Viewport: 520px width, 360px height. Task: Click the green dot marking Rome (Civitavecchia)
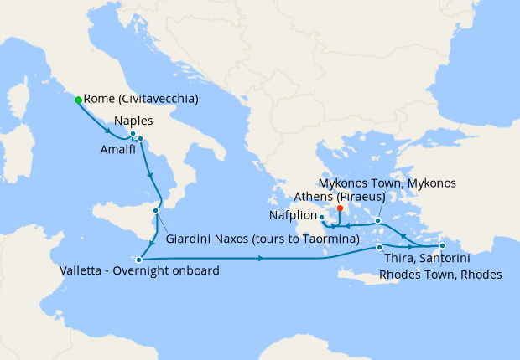click(x=78, y=100)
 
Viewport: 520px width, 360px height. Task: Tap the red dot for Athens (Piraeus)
click(x=340, y=209)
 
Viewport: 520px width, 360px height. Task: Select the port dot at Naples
click(x=133, y=134)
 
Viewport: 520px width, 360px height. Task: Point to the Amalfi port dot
click(x=141, y=139)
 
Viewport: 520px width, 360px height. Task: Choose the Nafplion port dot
click(x=322, y=217)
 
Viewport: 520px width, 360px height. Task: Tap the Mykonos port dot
click(x=378, y=221)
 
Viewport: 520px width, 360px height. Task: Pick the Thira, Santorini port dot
click(x=380, y=247)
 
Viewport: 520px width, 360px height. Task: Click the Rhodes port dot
click(x=442, y=245)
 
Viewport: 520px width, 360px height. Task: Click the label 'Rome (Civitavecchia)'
click(x=141, y=100)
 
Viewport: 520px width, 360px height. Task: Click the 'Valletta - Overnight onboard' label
click(x=139, y=271)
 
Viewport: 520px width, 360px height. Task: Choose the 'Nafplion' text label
click(x=292, y=216)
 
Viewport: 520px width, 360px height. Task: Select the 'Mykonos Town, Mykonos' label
click(x=387, y=183)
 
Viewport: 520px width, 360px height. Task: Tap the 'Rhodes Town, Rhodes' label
click(x=440, y=274)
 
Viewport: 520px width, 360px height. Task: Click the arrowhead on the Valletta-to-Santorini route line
click(x=263, y=258)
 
